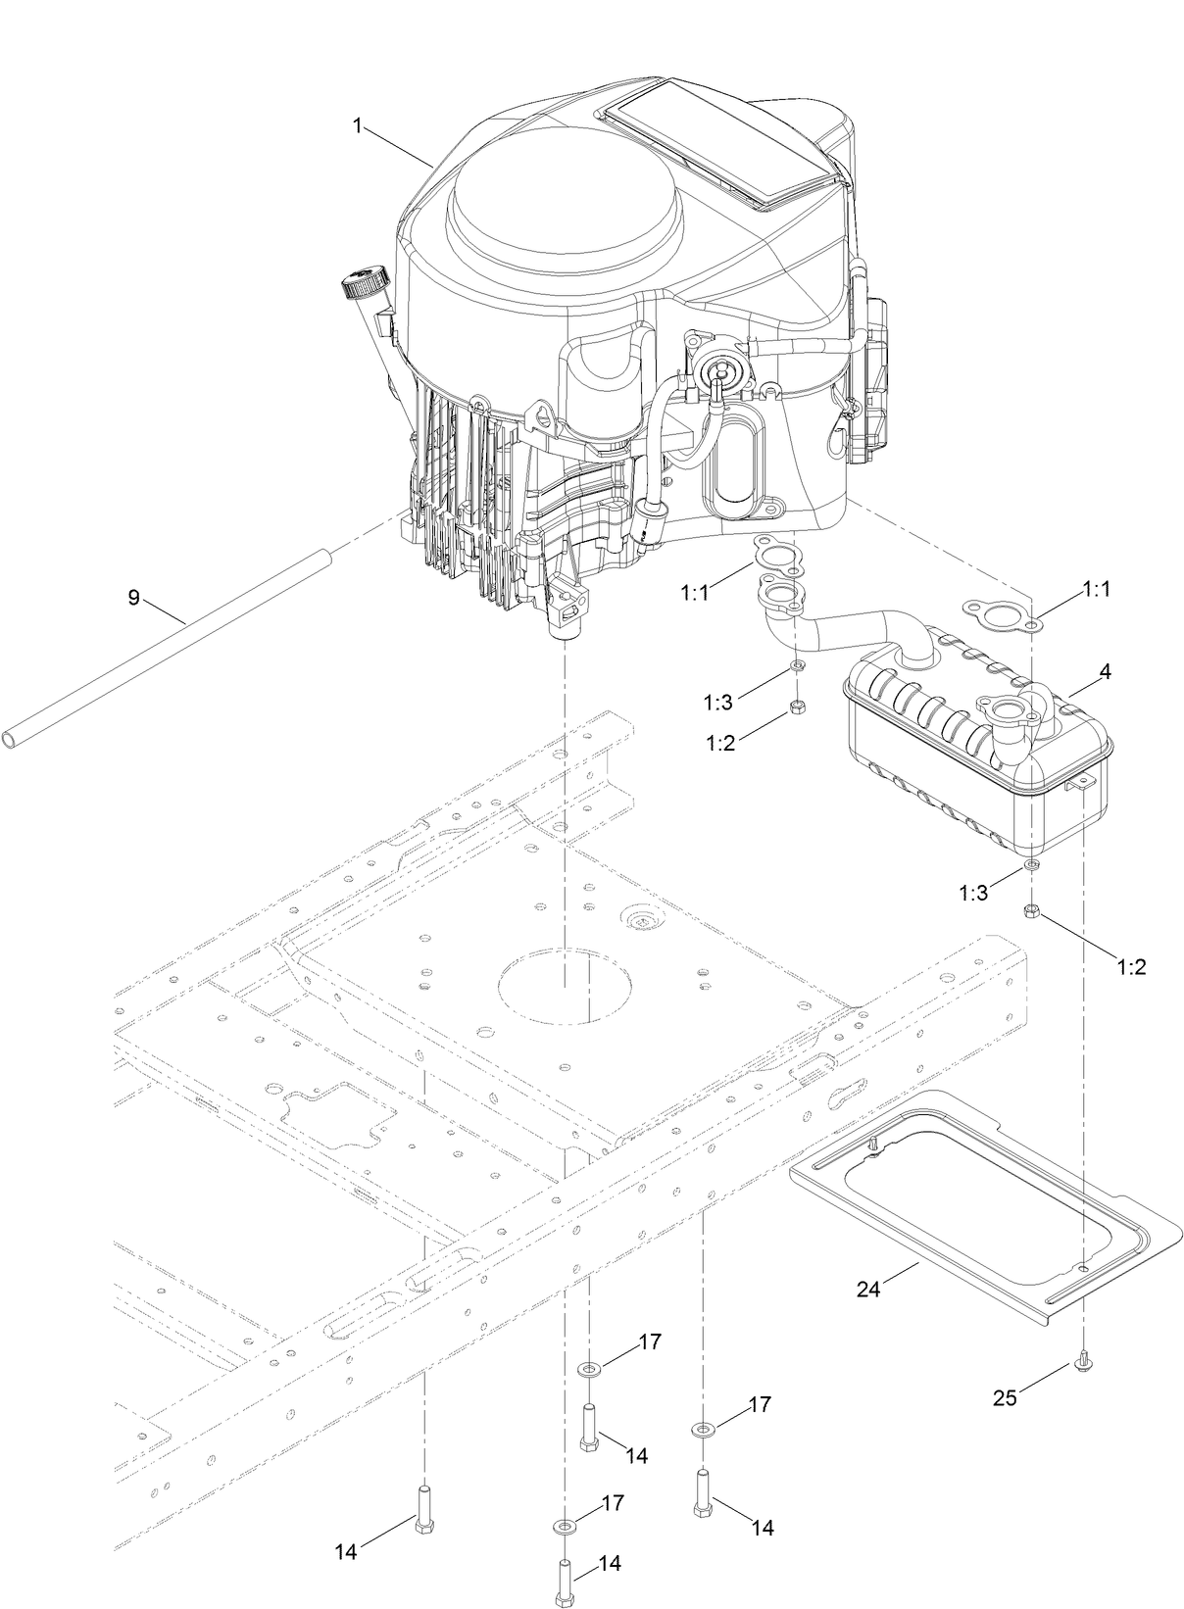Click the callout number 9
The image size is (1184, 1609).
pos(134,597)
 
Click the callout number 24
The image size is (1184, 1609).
pos(868,1289)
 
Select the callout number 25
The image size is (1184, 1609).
pos(1005,1398)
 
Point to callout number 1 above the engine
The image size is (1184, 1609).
pos(359,124)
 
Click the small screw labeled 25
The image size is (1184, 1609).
pos(1083,1361)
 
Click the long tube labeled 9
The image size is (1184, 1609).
pos(167,647)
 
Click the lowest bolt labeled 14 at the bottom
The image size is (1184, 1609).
pos(565,1579)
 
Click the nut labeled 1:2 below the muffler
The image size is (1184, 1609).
pos(1031,911)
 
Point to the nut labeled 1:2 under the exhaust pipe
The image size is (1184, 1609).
pos(797,707)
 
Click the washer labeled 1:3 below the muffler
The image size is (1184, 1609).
pos(1031,865)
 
